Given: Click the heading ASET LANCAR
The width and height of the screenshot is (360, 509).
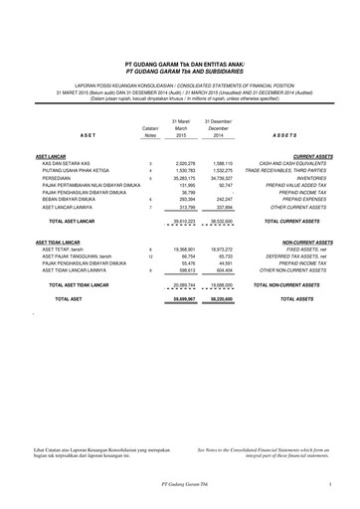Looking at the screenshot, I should pos(52,157).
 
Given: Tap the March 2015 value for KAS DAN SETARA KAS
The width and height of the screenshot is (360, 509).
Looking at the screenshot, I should pos(180,164).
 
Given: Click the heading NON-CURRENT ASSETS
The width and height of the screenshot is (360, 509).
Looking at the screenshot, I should pos(306,242).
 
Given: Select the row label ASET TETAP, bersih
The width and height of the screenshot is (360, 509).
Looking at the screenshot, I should pos(63,250).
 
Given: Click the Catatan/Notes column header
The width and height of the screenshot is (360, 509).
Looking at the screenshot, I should pos(150,132).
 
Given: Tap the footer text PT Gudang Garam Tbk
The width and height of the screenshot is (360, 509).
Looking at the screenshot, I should pos(180,484).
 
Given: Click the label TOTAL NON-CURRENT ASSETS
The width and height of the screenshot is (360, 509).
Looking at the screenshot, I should pos(294,283).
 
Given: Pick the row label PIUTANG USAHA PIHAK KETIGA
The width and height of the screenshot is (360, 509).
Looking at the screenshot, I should pos(77,172).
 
